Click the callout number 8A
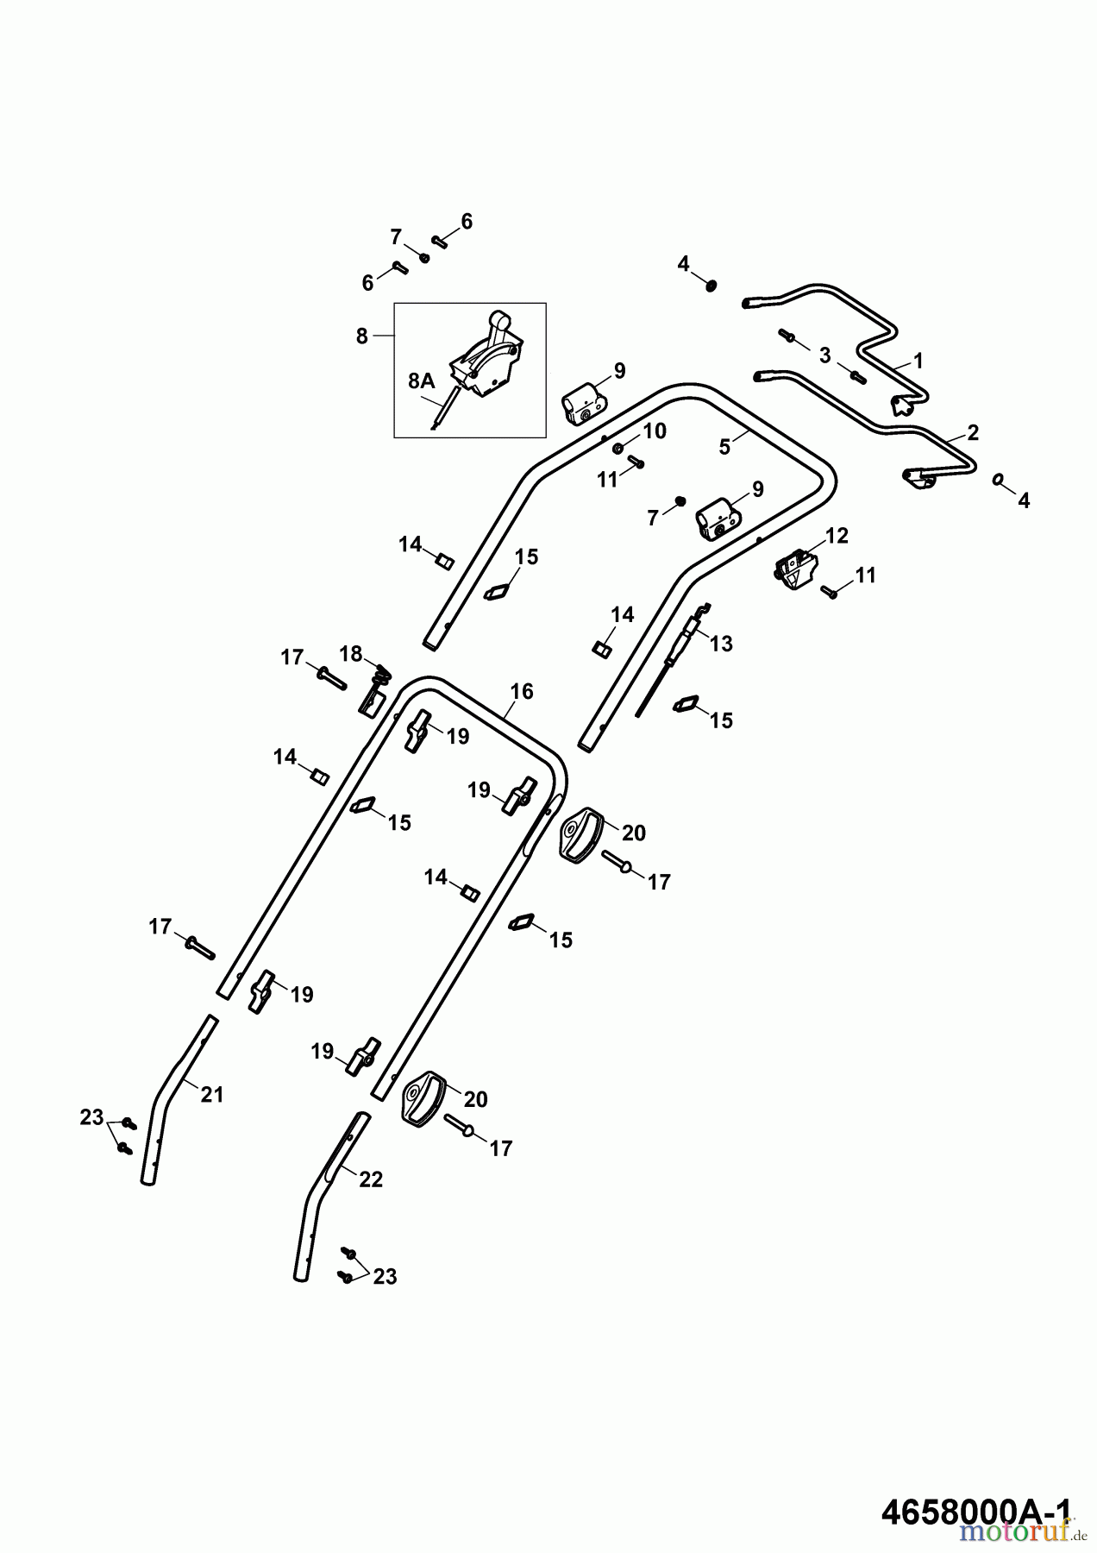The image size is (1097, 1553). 422,380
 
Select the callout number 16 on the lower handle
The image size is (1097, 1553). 522,691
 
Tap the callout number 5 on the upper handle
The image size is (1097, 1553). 724,446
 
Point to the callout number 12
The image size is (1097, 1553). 837,536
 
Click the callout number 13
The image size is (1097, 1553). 721,643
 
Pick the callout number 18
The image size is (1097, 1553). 351,653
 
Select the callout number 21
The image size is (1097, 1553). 212,1095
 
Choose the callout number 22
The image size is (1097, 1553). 371,1179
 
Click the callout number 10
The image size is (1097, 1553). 655,431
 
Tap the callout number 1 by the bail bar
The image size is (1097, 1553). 918,361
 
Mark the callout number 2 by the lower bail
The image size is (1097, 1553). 973,432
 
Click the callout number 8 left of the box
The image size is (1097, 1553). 362,336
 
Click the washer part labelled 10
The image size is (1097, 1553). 619,449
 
